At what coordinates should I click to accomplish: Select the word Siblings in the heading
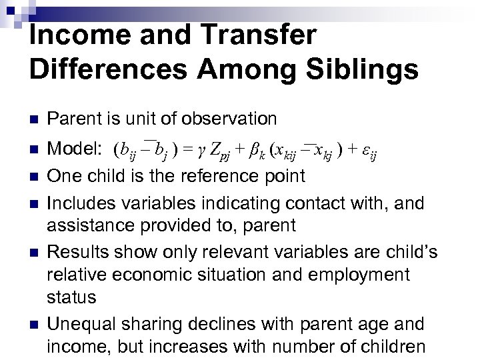pyautogui.click(x=354, y=69)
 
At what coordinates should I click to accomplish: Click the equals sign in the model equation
pyautogui.click(x=185, y=147)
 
